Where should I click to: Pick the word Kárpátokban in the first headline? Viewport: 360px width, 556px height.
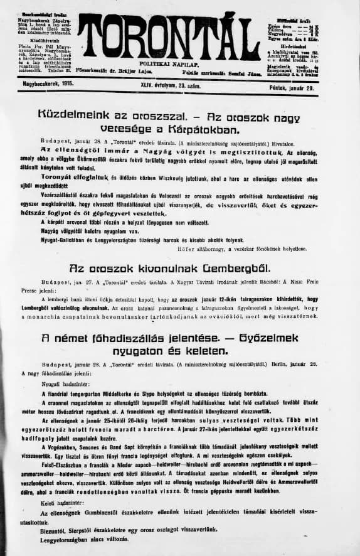pyautogui.click(x=206, y=129)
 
